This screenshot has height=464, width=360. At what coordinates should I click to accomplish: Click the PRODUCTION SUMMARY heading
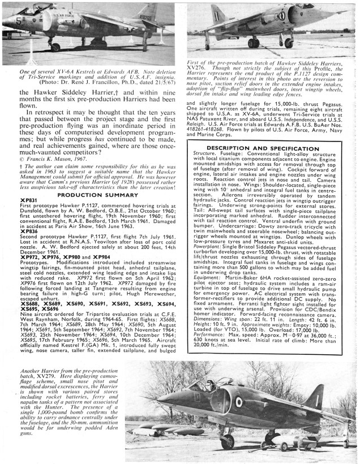[x=92, y=194]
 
